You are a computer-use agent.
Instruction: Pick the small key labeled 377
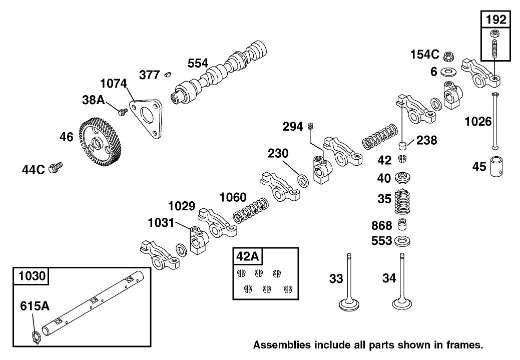tap(168, 75)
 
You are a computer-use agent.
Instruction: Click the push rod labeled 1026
tap(495, 120)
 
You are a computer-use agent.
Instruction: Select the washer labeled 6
tap(448, 71)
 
